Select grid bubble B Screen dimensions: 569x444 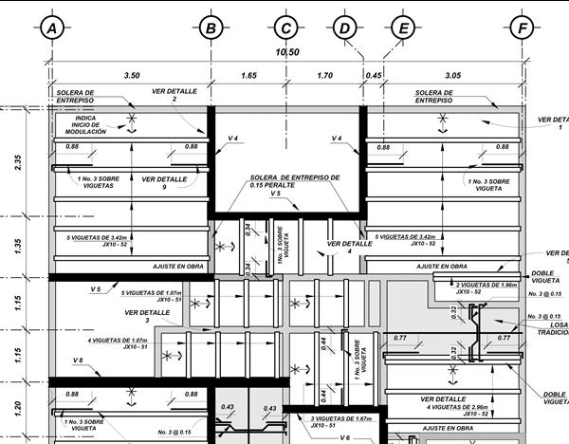pyautogui.click(x=211, y=28)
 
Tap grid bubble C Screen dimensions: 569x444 pyautogui.click(x=285, y=28)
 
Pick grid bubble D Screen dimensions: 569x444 pyautogui.click(x=342, y=28)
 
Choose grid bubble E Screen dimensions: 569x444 pyautogui.click(x=403, y=28)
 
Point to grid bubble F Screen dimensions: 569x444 pyautogui.click(x=521, y=28)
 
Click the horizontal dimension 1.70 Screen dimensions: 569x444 pyautogui.click(x=323, y=73)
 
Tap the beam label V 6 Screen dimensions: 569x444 pyautogui.click(x=346, y=437)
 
